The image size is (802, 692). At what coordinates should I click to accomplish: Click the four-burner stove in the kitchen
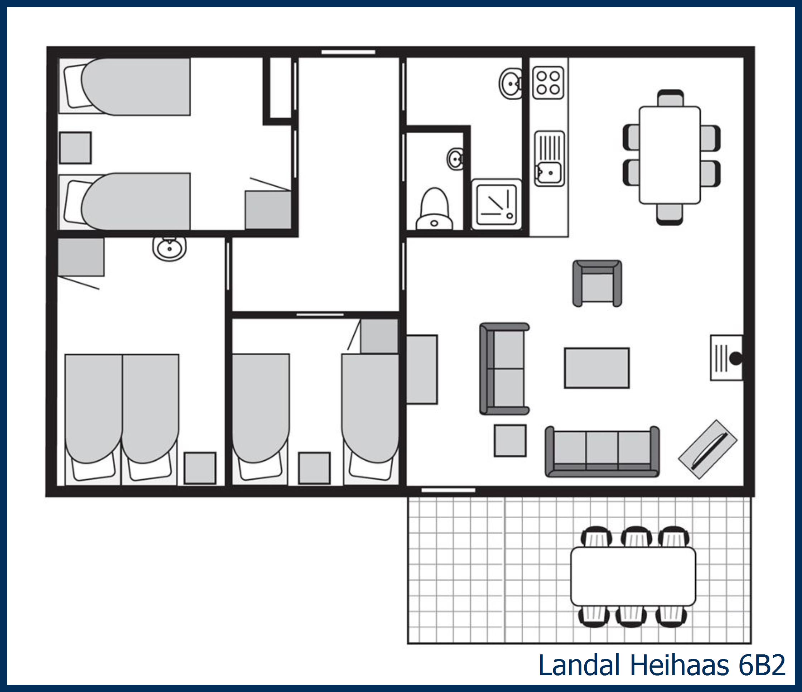548,82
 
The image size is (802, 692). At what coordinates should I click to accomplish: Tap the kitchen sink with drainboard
549,158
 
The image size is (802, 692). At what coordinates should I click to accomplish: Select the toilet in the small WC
434,210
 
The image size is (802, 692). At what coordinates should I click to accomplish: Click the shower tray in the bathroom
497,205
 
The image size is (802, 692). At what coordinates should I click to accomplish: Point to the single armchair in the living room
597,283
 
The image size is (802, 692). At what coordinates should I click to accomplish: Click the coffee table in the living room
596,368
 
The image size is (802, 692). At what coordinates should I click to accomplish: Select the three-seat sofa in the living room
602,452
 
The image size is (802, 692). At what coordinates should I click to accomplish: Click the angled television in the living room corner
707,449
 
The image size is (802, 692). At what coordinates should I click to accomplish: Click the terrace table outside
633,576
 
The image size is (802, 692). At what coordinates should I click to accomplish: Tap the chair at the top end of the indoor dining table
670,98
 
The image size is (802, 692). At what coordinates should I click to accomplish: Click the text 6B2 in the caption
761,665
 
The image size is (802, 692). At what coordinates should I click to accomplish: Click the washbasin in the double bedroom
169,248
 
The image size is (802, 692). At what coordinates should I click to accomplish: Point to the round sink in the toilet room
455,158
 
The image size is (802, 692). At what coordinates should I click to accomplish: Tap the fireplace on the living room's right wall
726,358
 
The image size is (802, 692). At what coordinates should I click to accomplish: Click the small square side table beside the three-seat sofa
510,440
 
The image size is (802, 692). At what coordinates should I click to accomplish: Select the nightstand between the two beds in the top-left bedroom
75,148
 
